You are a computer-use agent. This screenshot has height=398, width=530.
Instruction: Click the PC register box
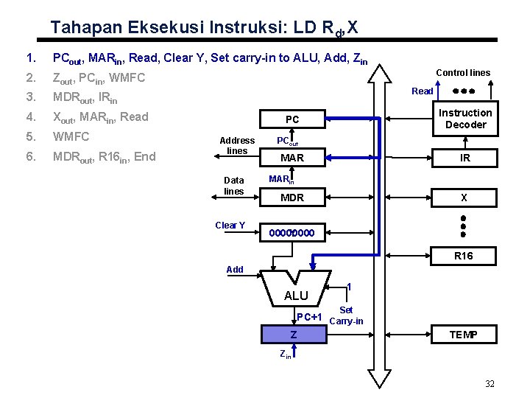point(292,119)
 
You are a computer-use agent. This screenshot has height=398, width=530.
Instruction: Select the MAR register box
point(292,158)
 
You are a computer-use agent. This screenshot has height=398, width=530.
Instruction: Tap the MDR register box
point(292,198)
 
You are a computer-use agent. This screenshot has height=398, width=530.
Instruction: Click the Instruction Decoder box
point(465,119)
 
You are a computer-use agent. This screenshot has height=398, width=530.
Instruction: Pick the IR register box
point(464,158)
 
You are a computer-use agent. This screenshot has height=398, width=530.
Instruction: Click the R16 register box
point(464,256)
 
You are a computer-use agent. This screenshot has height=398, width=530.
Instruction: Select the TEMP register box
point(464,335)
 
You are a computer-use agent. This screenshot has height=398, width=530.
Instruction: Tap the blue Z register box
point(293,335)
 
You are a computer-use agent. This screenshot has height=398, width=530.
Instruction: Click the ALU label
point(296,296)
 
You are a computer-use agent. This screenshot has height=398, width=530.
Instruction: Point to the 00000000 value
point(291,234)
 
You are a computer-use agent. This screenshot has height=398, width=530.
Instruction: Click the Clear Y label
point(230,225)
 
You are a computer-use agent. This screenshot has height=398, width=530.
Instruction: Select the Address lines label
point(237,145)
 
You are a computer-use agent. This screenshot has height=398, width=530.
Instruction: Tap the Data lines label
point(233,185)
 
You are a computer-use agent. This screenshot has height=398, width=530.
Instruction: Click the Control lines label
point(463,72)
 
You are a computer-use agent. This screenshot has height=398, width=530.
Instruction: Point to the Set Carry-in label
point(346,315)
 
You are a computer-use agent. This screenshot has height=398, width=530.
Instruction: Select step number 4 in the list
point(29,116)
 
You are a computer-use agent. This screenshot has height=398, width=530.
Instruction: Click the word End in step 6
point(146,156)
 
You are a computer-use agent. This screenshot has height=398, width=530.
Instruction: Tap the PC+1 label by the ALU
point(308,317)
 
